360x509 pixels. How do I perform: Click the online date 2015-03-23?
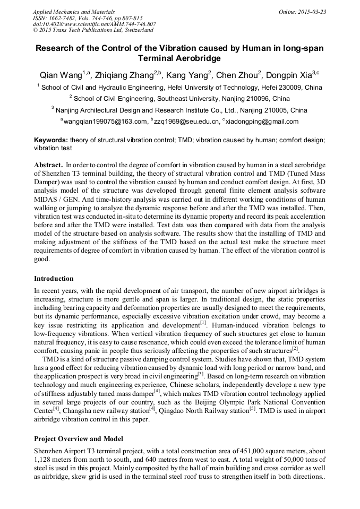point(311,11)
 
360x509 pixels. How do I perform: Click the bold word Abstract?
point(49,166)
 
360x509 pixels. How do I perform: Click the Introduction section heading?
point(54,279)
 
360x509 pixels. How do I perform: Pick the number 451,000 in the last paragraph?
point(242,451)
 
